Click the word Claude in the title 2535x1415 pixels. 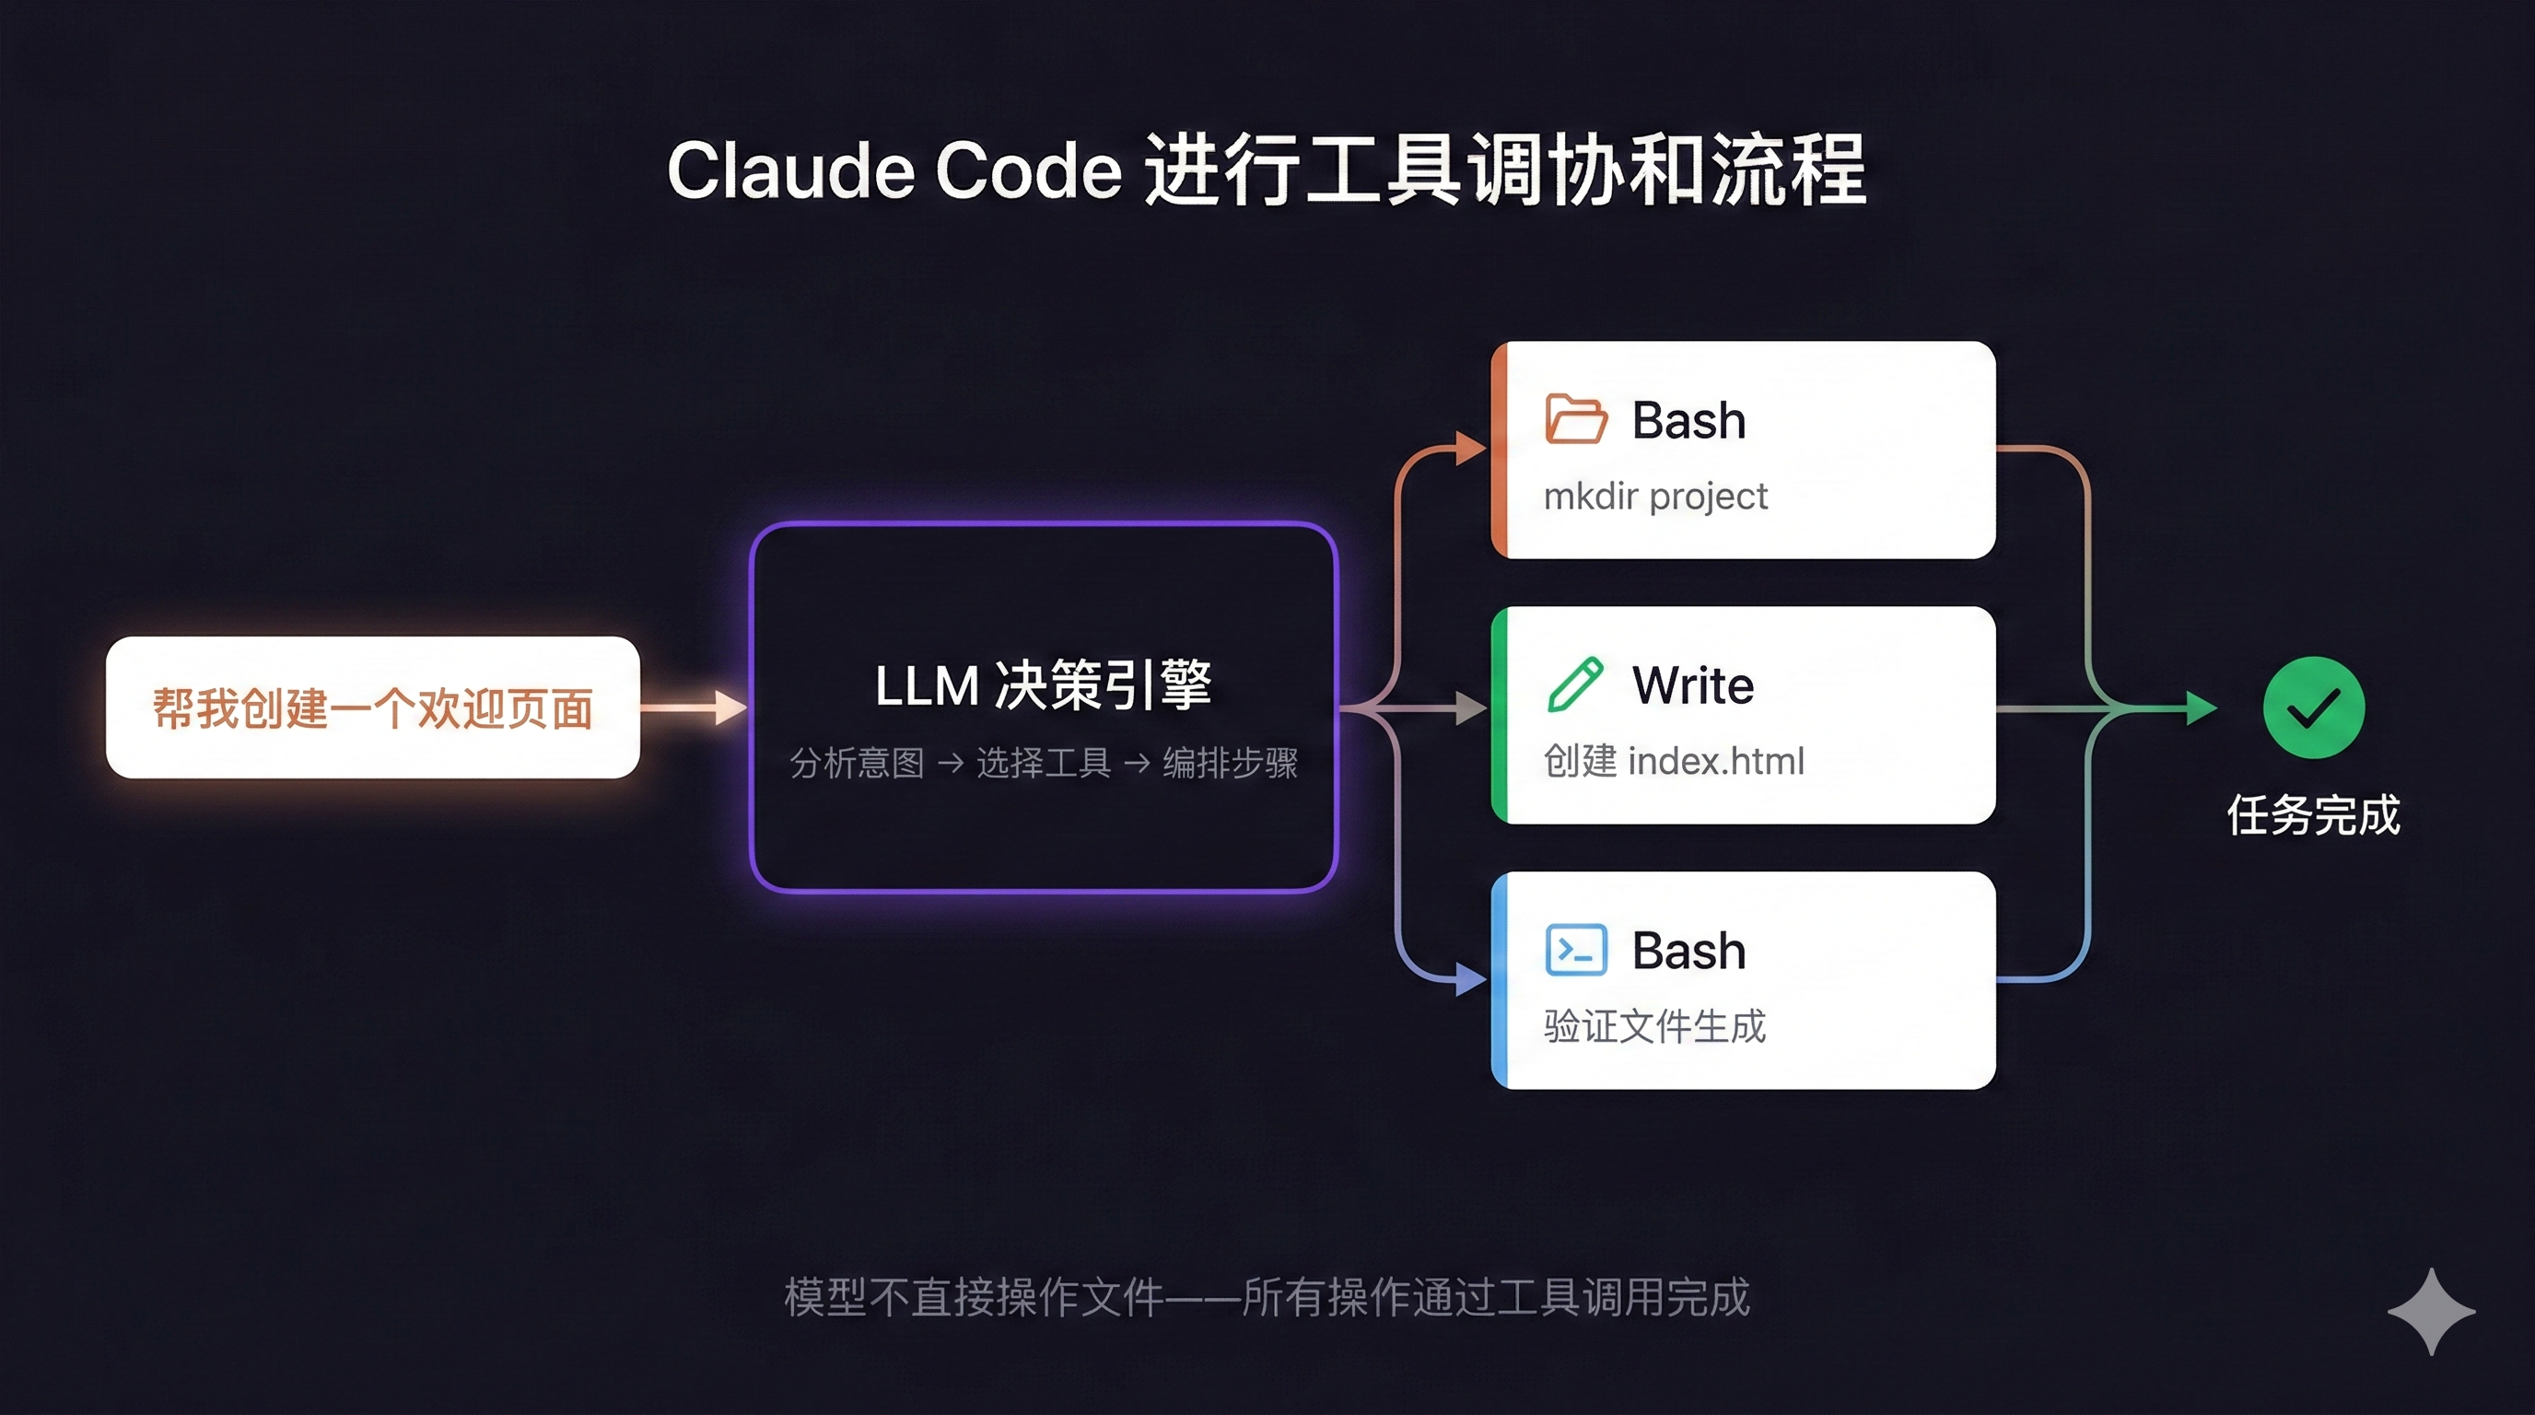click(791, 170)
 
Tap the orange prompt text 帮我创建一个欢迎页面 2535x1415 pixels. click(373, 708)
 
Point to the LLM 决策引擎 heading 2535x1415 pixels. click(1043, 684)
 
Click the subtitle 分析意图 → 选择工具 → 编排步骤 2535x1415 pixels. click(1043, 763)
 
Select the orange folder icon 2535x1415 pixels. click(1575, 419)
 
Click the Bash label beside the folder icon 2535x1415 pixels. click(1688, 420)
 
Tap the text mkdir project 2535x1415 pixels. click(1655, 497)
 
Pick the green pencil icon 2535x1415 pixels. click(1574, 684)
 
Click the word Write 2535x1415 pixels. click(1693, 684)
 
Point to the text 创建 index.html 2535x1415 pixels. click(1674, 761)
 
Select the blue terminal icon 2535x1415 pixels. click(1575, 950)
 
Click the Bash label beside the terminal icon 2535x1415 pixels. click(1688, 951)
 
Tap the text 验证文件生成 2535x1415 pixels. click(1654, 1026)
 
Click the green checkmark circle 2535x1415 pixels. click(2314, 707)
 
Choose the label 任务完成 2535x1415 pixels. click(2314, 814)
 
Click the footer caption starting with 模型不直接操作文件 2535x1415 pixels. click(1267, 1297)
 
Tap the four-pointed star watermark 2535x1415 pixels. click(2431, 1312)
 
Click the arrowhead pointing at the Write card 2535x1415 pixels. click(1471, 707)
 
